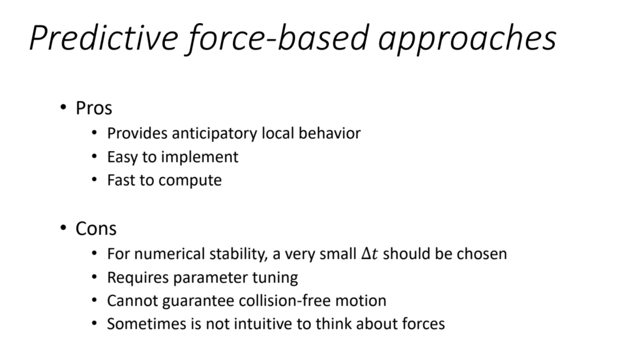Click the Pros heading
(94, 108)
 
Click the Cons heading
(96, 229)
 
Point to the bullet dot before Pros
(63, 107)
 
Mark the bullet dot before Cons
(63, 228)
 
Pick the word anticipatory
(214, 134)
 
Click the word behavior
(329, 133)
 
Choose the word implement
(200, 157)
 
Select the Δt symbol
(370, 254)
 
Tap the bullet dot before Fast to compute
(94, 180)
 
